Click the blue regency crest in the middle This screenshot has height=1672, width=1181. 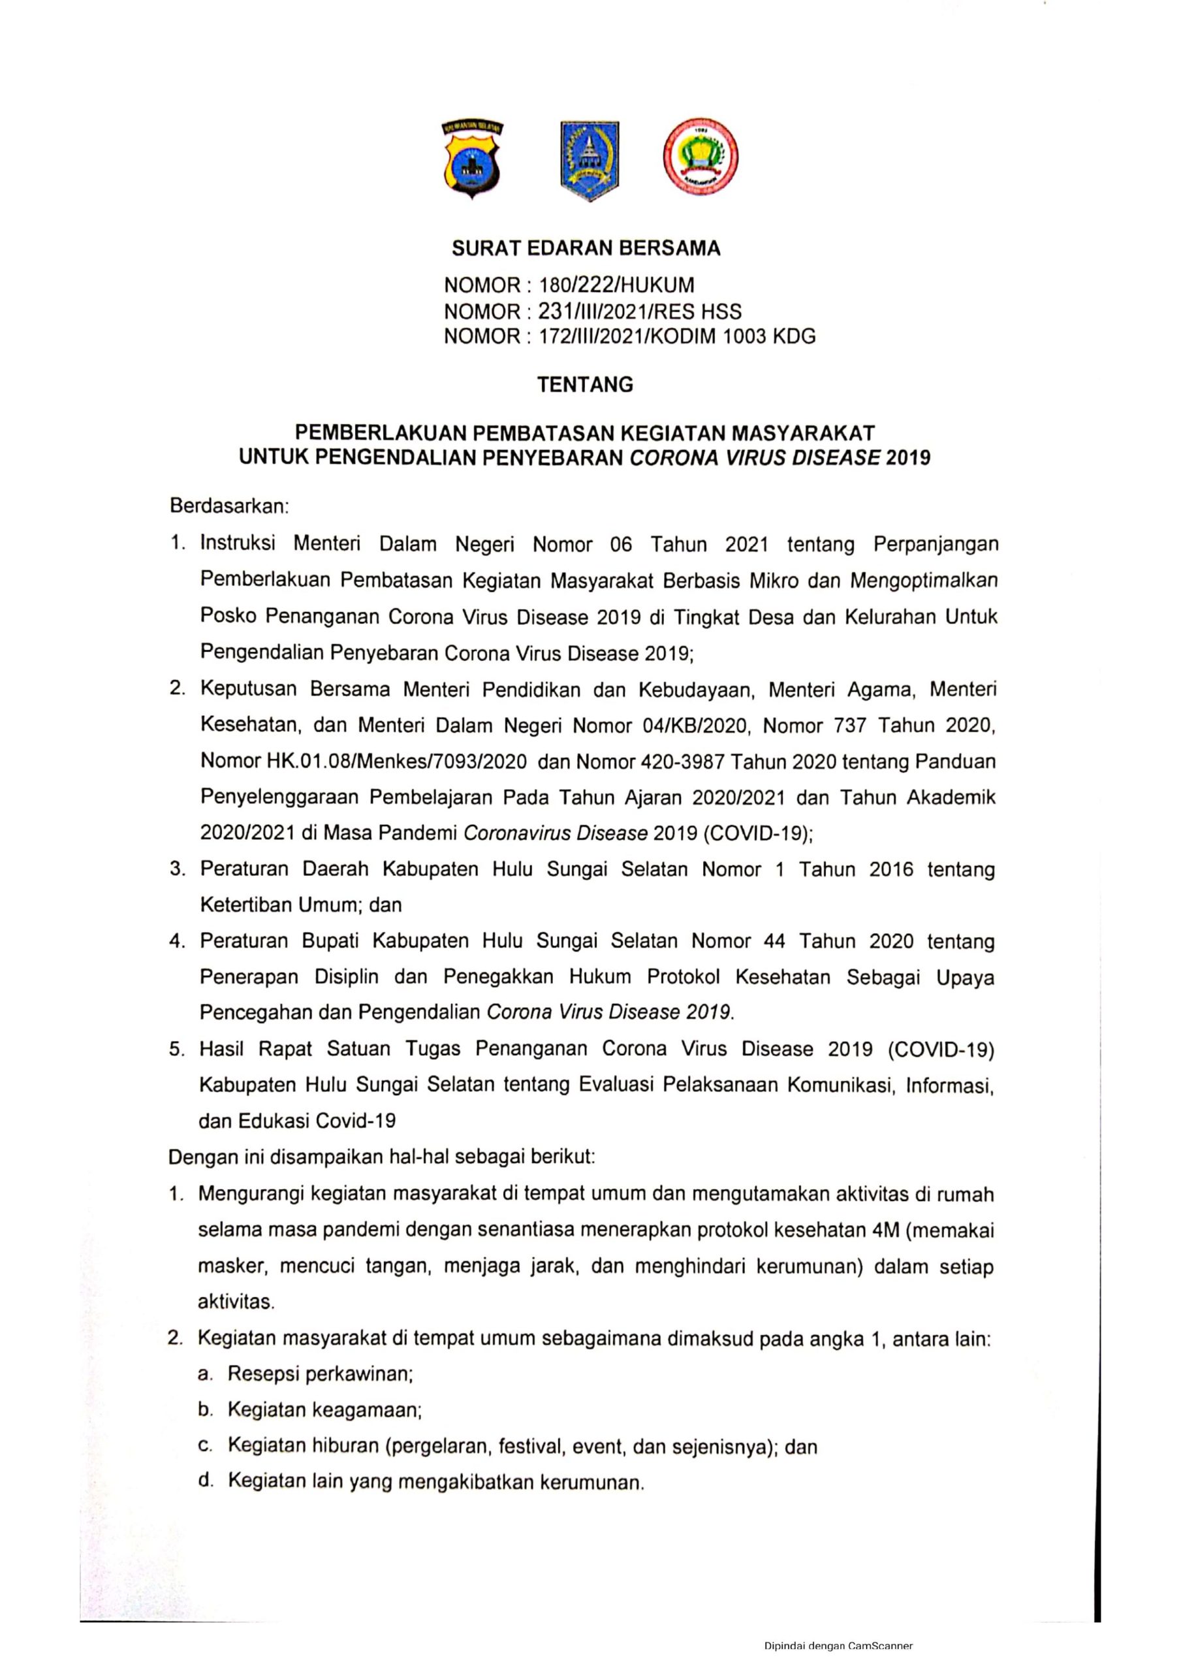click(589, 160)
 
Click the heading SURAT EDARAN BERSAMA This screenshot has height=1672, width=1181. click(586, 249)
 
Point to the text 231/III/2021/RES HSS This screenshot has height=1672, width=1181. click(639, 312)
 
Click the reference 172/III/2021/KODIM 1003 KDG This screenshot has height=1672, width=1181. click(676, 337)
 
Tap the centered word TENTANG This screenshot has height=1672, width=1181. click(586, 385)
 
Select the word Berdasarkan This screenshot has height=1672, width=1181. click(228, 506)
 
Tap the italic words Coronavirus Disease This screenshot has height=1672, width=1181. click(555, 833)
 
